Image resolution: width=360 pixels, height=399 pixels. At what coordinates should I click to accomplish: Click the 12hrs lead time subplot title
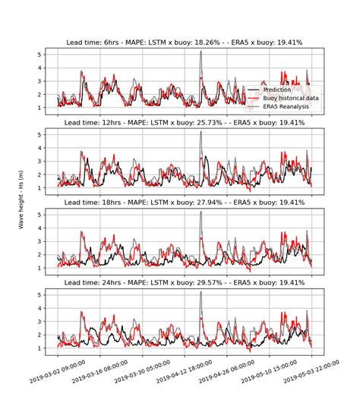[x=185, y=122]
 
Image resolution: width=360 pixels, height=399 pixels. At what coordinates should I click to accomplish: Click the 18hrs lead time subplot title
[x=185, y=203]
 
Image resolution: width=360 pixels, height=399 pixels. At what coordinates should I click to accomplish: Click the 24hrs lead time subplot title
[x=185, y=283]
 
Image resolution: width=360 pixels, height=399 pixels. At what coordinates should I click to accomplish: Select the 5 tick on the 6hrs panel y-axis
[x=49, y=55]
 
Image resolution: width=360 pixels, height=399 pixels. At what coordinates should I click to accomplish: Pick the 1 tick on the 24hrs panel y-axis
[x=49, y=347]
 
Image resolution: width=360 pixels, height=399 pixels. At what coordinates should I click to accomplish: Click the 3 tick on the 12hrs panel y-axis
[x=49, y=160]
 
